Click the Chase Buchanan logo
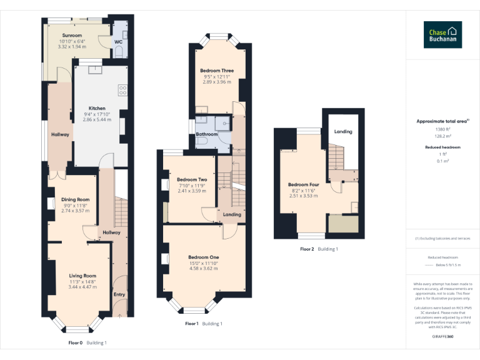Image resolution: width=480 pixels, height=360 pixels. coord(443,34)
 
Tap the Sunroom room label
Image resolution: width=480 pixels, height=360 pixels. coord(72,36)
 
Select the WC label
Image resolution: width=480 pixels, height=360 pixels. coord(118,42)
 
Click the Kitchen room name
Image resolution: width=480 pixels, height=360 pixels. coord(97,108)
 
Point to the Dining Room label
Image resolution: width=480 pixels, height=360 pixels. coord(75,200)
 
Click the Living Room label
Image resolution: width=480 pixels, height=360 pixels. coord(82,276)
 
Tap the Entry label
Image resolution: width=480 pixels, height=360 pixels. coord(119,294)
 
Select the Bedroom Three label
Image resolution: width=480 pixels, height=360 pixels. coord(217,71)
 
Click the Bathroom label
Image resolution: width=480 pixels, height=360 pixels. coord(207,134)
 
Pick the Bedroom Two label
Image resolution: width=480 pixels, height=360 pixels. coord(192,180)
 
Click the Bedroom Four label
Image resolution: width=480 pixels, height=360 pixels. coord(304,185)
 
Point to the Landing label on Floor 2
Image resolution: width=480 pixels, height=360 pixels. coord(343,132)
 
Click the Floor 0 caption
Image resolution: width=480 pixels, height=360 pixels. coord(75,342)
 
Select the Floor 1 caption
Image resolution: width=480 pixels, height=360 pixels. coord(192,324)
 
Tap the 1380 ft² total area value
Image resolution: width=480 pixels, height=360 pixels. coord(442,129)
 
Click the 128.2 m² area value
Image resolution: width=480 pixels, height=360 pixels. coord(442,134)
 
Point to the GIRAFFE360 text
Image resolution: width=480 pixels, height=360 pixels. coord(442,337)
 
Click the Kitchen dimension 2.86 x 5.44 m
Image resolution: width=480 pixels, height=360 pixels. coord(97,119)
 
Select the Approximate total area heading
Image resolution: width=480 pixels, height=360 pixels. coord(442,121)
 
